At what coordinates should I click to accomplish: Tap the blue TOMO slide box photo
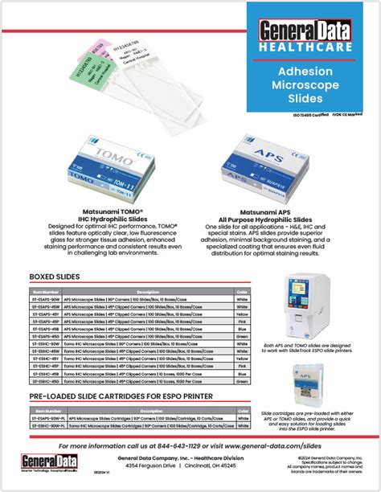[91, 170]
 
